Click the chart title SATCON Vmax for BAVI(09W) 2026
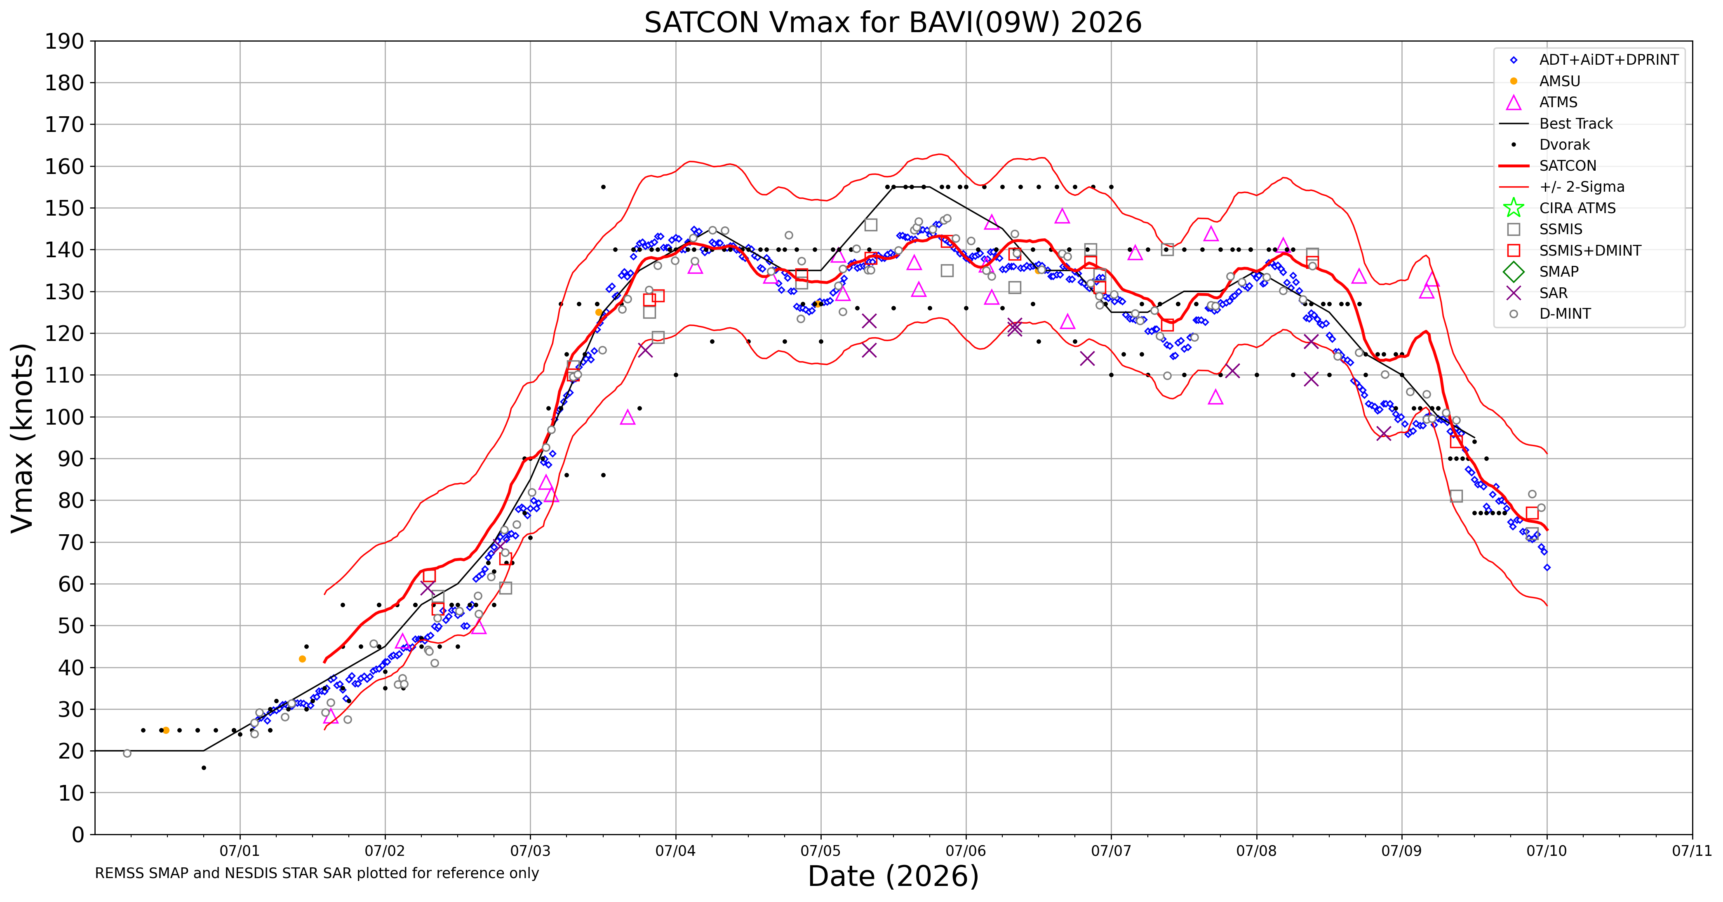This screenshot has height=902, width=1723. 893,23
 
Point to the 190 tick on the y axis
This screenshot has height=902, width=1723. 65,42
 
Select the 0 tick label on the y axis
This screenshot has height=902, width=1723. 78,834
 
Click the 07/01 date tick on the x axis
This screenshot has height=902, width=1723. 240,851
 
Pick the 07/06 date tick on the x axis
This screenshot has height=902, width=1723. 966,851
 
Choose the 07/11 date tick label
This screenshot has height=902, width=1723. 1692,851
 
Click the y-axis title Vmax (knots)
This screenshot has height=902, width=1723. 22,438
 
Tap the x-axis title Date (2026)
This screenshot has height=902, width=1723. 893,876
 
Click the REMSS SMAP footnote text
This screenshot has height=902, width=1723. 317,873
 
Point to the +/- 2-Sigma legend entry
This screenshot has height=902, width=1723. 1562,187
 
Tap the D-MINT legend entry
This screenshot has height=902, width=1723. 1545,314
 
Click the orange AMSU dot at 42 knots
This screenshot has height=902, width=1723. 302,659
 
